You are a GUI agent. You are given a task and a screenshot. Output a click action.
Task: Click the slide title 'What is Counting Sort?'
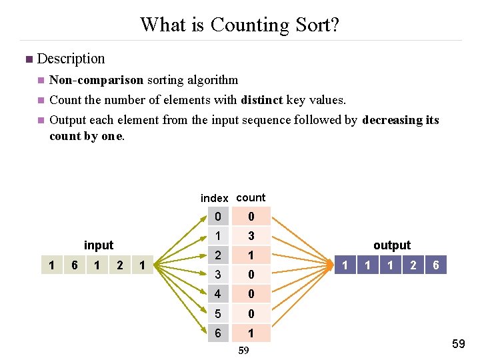(x=239, y=25)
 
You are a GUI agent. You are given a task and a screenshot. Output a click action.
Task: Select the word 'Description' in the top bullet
(x=71, y=59)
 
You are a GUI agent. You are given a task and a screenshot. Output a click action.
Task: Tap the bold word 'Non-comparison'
(x=96, y=80)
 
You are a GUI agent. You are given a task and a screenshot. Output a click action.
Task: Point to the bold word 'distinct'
(x=262, y=100)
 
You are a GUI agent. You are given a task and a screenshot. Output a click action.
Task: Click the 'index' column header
(x=214, y=198)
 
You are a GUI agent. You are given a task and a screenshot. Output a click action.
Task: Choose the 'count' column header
(x=251, y=197)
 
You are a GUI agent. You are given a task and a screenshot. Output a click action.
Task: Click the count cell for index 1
(x=251, y=236)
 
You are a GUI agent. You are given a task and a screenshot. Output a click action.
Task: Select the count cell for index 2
(x=251, y=255)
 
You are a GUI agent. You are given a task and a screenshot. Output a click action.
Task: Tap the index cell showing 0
(x=217, y=217)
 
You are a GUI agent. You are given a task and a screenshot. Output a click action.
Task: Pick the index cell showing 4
(x=217, y=294)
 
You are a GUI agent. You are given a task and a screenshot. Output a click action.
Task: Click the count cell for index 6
(x=251, y=333)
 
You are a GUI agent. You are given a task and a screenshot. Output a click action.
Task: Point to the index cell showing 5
(x=217, y=313)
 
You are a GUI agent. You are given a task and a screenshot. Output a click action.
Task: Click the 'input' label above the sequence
(x=99, y=245)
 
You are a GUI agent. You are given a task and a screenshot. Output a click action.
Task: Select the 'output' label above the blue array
(x=392, y=245)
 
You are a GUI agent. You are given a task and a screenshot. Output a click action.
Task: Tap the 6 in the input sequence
(x=75, y=265)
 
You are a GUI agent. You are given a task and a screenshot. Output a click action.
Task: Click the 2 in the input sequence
(x=119, y=265)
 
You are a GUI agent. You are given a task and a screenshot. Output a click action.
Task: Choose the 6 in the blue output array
(x=435, y=265)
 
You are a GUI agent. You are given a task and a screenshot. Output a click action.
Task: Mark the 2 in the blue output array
(x=413, y=265)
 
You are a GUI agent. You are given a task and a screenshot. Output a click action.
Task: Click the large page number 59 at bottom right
(x=459, y=343)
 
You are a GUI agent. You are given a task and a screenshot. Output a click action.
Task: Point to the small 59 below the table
(x=243, y=351)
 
